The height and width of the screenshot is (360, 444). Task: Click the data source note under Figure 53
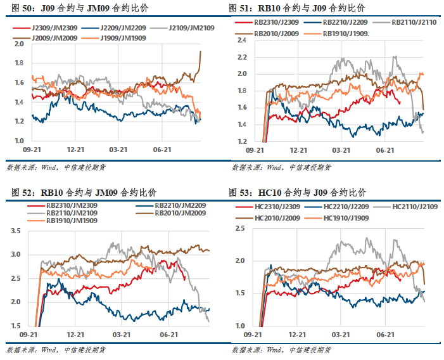(x=281, y=349)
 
